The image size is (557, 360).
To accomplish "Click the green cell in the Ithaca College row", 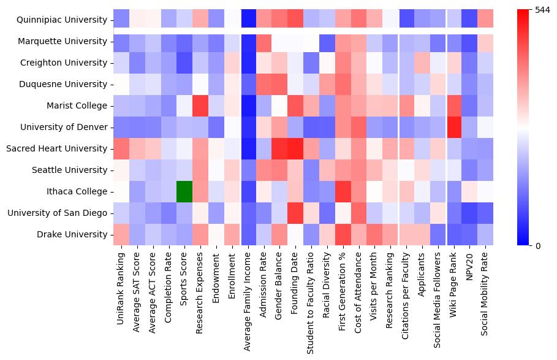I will [184, 191].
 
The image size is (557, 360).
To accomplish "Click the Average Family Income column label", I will [248, 297].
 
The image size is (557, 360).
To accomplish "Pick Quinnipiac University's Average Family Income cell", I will [248, 20].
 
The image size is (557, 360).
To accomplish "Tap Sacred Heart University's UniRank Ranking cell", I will [121, 148].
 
